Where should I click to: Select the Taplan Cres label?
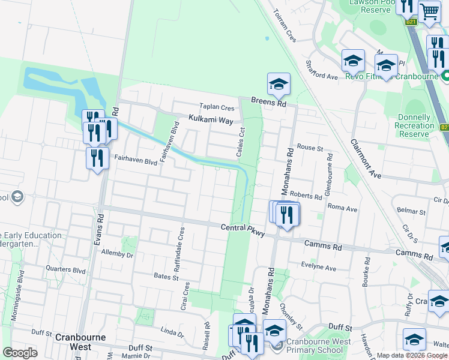coord(217,108)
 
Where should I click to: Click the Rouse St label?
coord(310,148)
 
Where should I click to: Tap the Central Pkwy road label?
coord(243,228)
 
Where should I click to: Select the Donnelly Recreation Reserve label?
coord(415,125)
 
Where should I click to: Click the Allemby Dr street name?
coord(117,254)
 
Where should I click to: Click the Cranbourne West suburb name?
coord(73,342)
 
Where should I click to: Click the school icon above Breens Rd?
coord(279,85)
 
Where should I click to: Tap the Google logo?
coord(20,353)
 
